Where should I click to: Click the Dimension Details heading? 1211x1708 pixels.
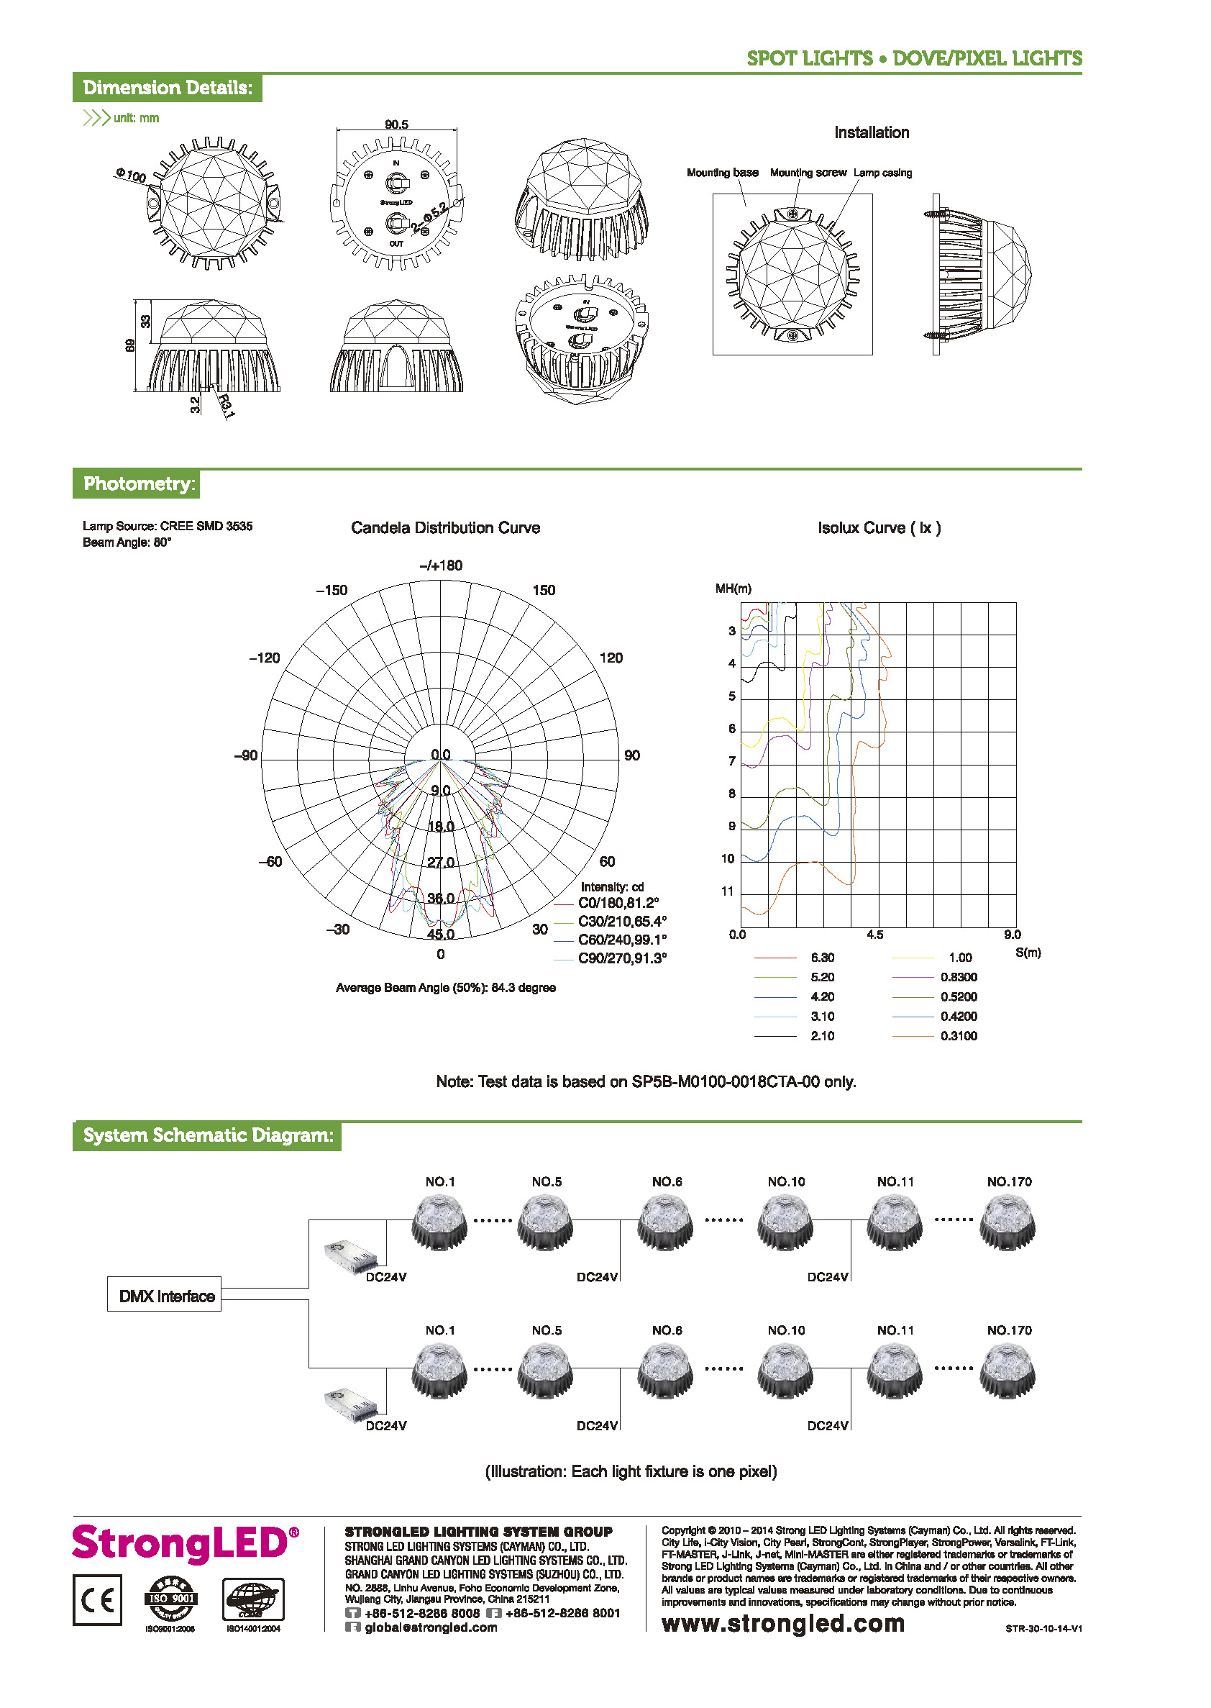(x=167, y=88)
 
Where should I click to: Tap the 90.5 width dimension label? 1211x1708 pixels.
(x=396, y=124)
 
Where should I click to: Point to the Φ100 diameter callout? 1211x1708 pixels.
(x=132, y=176)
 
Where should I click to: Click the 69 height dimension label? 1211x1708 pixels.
(x=130, y=345)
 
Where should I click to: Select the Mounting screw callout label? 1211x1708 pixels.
(x=808, y=173)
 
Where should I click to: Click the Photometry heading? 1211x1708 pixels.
(x=139, y=484)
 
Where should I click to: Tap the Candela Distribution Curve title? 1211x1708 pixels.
(x=445, y=528)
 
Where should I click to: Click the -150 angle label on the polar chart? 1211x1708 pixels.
(x=332, y=591)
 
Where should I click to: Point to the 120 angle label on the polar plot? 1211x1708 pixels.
(x=611, y=658)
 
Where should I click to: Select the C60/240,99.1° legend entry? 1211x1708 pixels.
(x=621, y=940)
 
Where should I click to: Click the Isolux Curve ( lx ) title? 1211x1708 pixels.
(x=879, y=528)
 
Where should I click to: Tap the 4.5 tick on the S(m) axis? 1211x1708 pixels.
(x=874, y=935)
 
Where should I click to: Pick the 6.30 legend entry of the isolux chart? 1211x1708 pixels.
(x=822, y=958)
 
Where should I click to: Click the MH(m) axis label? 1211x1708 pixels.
(x=733, y=589)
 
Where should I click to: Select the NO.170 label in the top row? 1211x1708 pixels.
(x=1009, y=1182)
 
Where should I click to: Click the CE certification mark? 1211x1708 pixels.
(x=97, y=1600)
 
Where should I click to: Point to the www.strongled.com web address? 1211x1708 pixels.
(x=782, y=1623)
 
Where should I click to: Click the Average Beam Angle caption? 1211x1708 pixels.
(x=445, y=989)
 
